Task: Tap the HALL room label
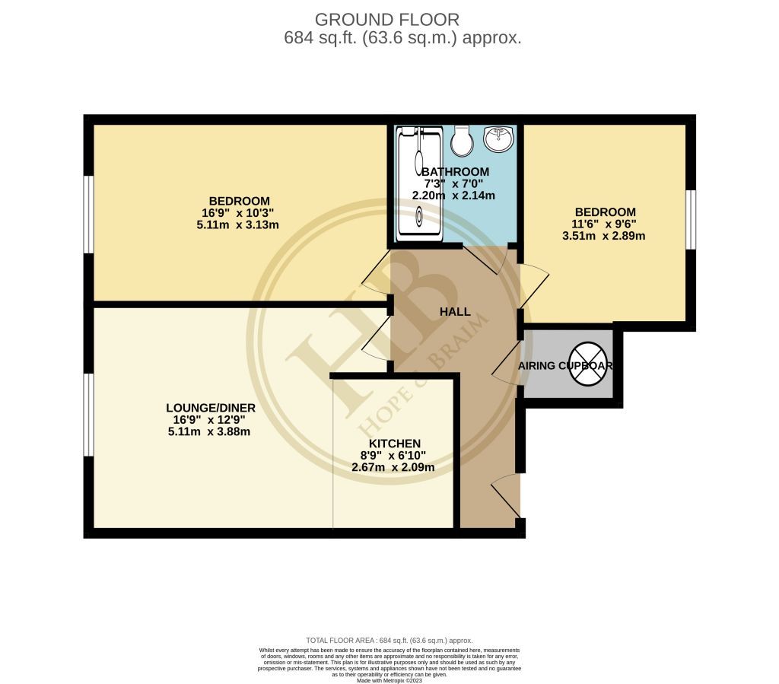click(455, 312)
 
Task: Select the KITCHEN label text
click(394, 444)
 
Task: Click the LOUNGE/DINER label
click(209, 408)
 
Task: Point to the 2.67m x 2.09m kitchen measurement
click(393, 467)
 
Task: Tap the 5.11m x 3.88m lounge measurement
click(209, 431)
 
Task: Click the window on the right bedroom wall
click(690, 219)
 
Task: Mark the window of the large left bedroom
click(88, 213)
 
